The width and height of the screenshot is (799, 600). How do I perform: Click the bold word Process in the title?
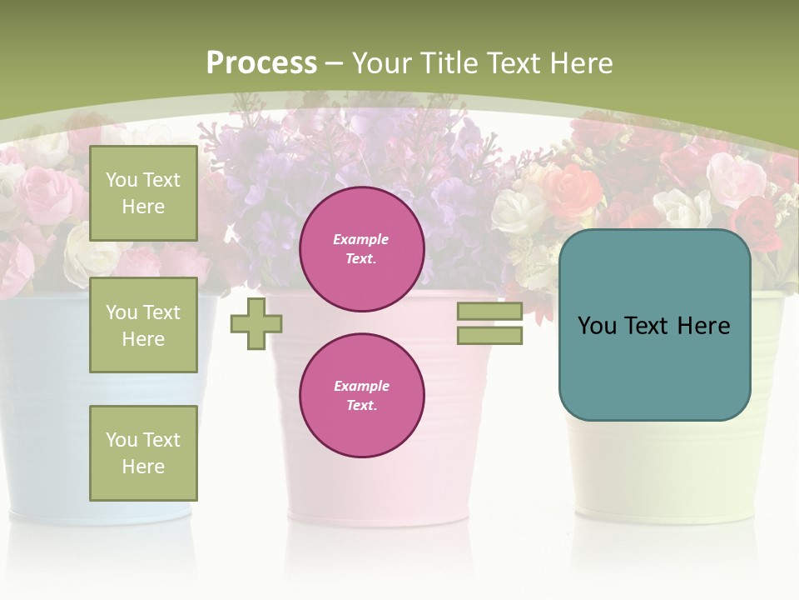point(261,63)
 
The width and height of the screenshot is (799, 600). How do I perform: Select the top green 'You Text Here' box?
point(143,193)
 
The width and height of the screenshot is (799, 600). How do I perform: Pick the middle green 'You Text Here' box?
point(143,325)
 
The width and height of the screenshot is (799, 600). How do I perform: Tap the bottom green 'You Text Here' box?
point(143,452)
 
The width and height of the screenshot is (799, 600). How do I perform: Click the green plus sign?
point(256,323)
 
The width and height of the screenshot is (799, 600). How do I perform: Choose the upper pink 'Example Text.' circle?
point(361,249)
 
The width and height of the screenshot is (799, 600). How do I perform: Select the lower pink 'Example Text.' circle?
point(361,395)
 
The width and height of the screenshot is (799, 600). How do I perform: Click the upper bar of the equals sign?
point(489,311)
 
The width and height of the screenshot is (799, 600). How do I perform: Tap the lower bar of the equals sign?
point(489,335)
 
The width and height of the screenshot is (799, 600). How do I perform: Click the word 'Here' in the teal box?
point(704,326)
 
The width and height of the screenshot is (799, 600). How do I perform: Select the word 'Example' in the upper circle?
point(361,239)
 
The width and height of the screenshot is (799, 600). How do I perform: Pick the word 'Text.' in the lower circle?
point(361,405)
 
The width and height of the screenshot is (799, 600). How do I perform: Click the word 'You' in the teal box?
point(596,326)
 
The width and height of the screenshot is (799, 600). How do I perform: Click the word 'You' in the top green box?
point(122,180)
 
